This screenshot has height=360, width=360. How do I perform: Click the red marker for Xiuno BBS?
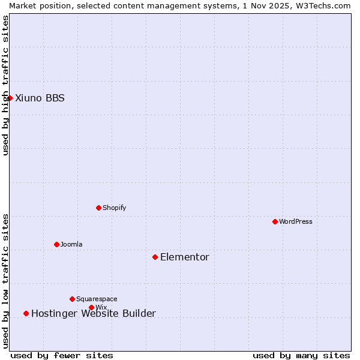click(x=10, y=98)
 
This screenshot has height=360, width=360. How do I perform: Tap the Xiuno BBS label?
click(x=40, y=98)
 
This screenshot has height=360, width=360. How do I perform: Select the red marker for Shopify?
click(x=98, y=208)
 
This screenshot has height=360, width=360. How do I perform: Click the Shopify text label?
click(x=114, y=208)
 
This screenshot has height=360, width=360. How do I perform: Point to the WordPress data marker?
click(x=275, y=221)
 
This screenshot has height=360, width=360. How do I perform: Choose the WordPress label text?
click(x=295, y=222)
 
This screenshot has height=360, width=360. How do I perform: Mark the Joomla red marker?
click(x=56, y=244)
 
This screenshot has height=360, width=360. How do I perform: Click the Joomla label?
click(x=71, y=245)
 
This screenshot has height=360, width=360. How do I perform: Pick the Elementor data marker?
click(x=155, y=257)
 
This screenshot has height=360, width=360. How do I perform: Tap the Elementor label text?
click(x=184, y=257)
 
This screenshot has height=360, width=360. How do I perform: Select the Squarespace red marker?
click(x=72, y=299)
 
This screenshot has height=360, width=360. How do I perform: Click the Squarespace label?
click(x=97, y=299)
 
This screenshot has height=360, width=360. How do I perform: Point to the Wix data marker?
click(x=91, y=307)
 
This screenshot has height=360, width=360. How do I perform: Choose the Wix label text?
click(x=101, y=308)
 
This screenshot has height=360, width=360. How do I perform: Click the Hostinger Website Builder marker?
click(x=26, y=313)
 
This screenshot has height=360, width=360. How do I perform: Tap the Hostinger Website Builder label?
click(x=93, y=314)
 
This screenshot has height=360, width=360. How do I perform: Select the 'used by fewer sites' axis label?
click(x=62, y=355)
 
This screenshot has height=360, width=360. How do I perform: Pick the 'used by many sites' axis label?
click(x=301, y=355)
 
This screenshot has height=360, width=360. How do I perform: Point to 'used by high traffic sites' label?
click(x=5, y=85)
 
